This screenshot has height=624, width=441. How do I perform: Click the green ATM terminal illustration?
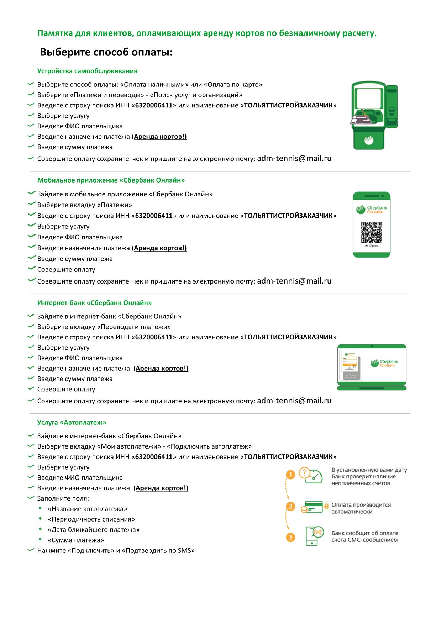click(374, 115)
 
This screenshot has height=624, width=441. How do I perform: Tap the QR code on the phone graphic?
click(371, 232)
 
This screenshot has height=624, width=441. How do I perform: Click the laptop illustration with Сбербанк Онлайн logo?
click(372, 367)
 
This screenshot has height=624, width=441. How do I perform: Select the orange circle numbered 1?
click(290, 475)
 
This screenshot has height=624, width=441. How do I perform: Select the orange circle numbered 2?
click(290, 507)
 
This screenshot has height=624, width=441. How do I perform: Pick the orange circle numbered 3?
click(290, 537)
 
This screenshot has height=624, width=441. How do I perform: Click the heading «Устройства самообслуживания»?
click(87, 71)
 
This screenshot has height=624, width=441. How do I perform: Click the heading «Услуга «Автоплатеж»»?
click(72, 423)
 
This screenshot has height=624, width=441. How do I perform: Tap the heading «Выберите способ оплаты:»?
click(106, 53)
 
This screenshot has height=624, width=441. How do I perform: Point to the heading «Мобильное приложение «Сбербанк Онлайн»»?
click(111, 180)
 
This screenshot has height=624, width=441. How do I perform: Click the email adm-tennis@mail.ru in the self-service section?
click(294, 159)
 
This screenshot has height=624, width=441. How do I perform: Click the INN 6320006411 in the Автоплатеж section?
click(154, 457)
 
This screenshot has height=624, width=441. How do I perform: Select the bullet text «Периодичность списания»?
click(91, 519)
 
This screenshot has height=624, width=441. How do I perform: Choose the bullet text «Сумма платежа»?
click(76, 540)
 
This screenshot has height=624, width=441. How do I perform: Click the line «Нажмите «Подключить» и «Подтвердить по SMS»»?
click(116, 551)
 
